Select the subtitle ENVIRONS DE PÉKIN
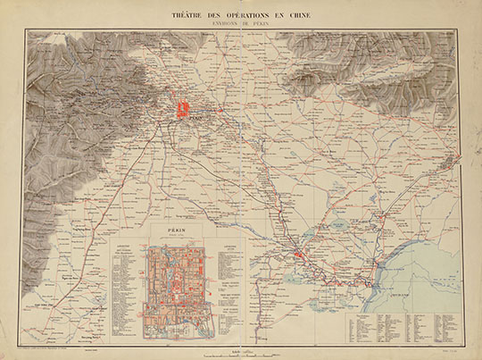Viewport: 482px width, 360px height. coord(240,24)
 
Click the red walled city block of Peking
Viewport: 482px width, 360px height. coord(183,110)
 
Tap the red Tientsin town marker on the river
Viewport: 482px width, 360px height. coord(301,255)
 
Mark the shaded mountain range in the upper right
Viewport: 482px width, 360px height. coord(375,67)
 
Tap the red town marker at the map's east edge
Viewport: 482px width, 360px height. coord(458,161)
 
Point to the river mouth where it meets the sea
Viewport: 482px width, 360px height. coord(386,268)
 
